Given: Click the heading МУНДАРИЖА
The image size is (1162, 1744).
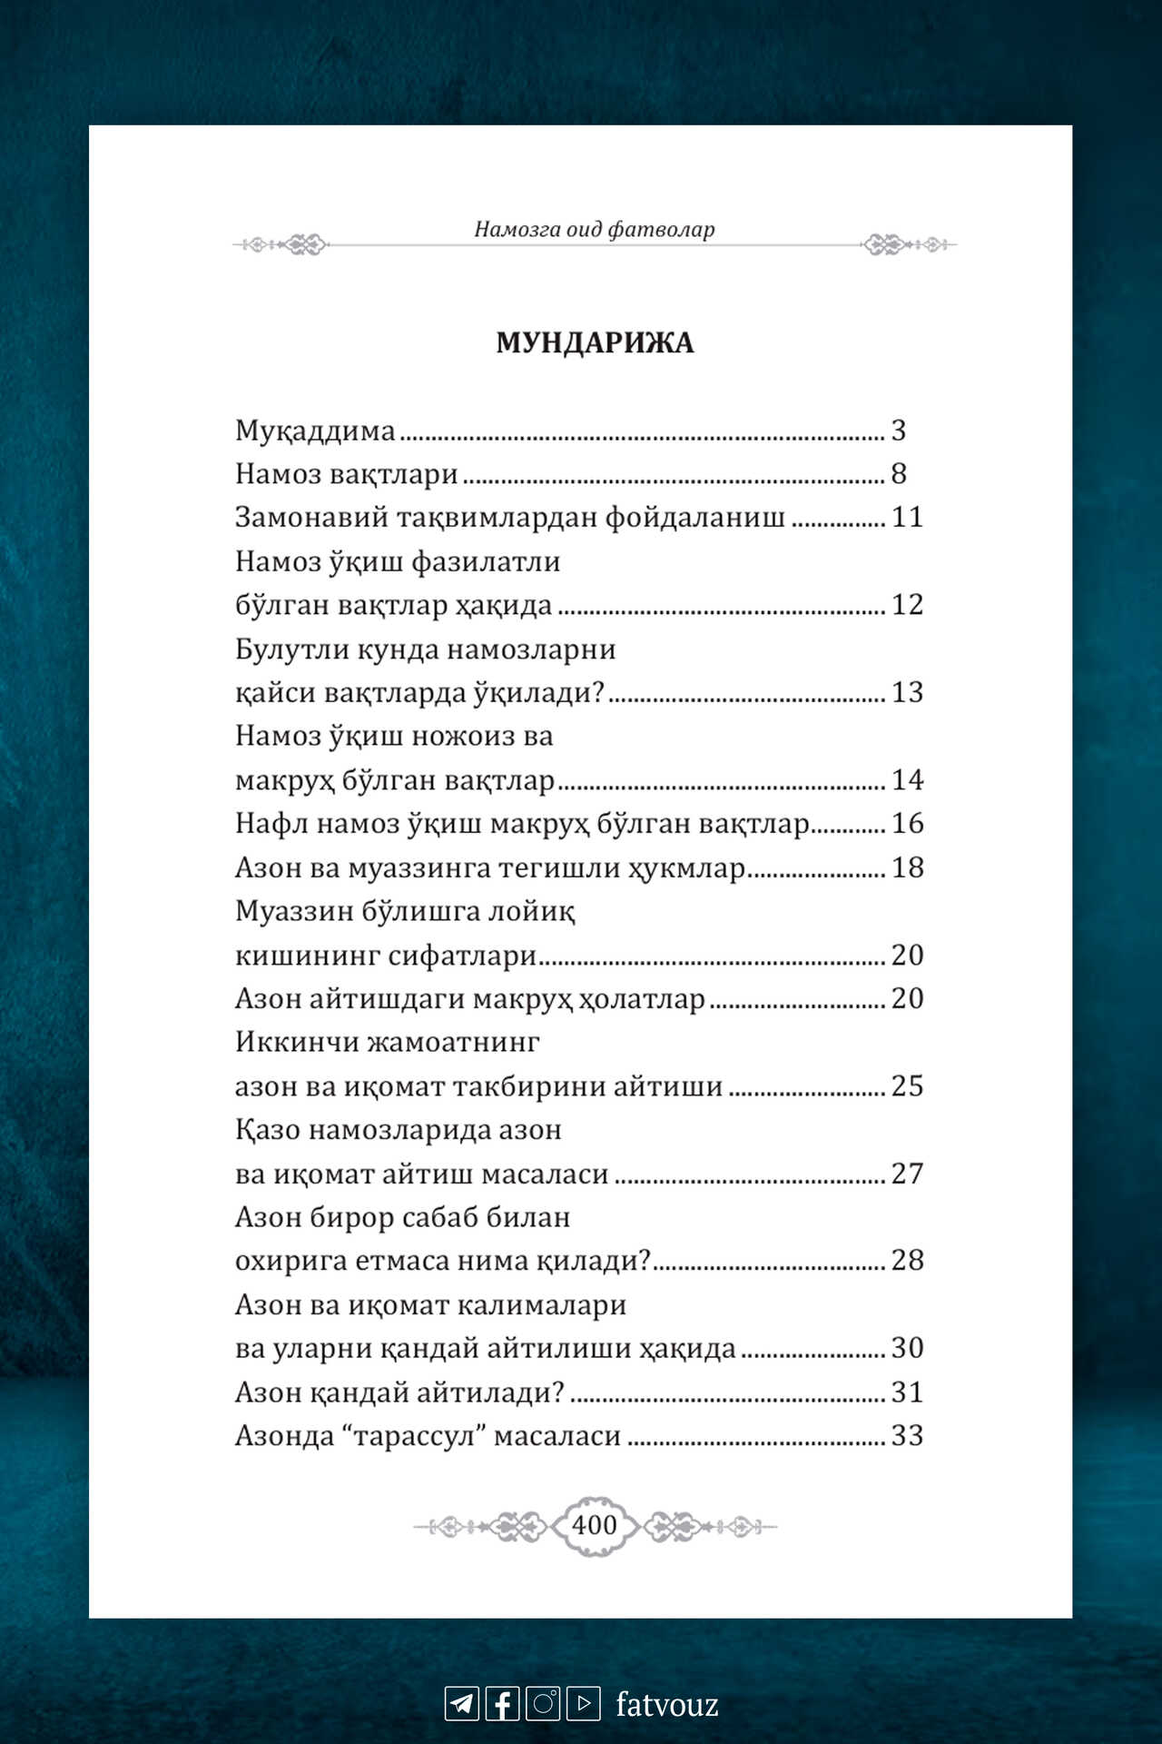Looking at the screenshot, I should (595, 342).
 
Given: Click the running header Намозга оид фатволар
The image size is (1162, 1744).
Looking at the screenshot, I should (595, 229).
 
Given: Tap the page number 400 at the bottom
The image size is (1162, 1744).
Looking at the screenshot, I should (595, 1525).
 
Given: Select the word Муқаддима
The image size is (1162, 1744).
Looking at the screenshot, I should (315, 431).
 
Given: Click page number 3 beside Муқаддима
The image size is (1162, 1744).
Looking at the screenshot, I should (899, 430).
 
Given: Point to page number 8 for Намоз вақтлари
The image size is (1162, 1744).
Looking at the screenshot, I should (899, 473).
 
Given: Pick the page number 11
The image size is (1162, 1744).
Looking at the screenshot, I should (907, 517).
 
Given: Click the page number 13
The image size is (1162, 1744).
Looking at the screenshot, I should (907, 692).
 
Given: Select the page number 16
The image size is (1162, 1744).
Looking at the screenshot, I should (907, 823).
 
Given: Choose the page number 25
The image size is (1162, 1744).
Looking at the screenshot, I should (907, 1085).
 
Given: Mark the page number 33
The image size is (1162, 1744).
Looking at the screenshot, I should (907, 1435).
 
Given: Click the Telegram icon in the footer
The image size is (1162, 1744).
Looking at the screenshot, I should (462, 1703).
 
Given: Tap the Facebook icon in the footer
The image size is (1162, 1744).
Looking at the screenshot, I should (503, 1703).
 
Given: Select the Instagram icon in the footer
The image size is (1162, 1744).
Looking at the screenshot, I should (543, 1703).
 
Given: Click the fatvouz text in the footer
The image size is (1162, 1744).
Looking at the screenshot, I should (667, 1704).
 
